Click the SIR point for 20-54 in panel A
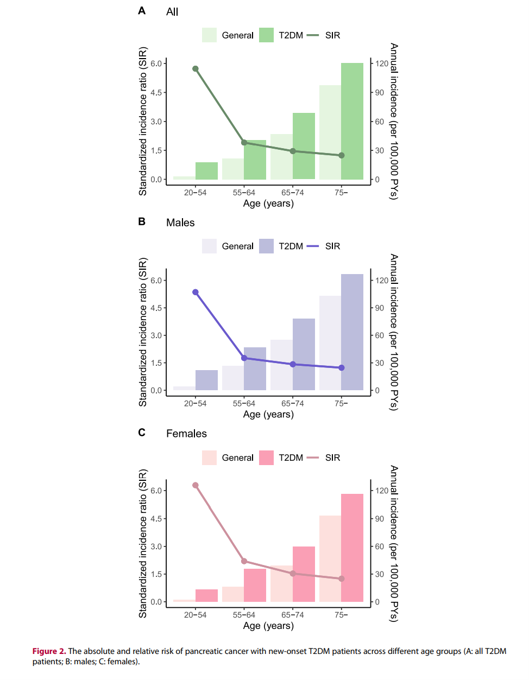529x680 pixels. tap(196, 69)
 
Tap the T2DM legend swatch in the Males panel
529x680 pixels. tap(266, 246)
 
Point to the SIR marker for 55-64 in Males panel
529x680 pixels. tap(244, 358)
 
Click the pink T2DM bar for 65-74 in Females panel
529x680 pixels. tap(304, 574)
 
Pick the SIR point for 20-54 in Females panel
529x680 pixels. tap(196, 486)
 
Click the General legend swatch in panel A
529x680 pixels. tap(209, 35)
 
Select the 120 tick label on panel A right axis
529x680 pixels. tap(382, 63)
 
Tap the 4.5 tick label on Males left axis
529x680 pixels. tap(156, 308)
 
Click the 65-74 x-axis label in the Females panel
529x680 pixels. tap(292, 615)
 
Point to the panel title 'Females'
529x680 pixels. tap(186, 434)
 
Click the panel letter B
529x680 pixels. tap(142, 221)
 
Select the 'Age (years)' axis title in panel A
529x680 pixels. tap(268, 204)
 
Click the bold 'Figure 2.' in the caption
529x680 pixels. tap(49, 651)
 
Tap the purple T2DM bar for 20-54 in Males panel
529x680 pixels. tap(206, 380)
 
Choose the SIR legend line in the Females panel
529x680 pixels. tap(313, 458)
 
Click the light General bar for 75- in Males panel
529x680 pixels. tap(330, 343)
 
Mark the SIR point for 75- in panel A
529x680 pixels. tap(342, 156)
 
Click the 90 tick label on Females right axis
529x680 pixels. tap(380, 519)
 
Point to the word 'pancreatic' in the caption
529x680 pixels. tap(204, 651)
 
